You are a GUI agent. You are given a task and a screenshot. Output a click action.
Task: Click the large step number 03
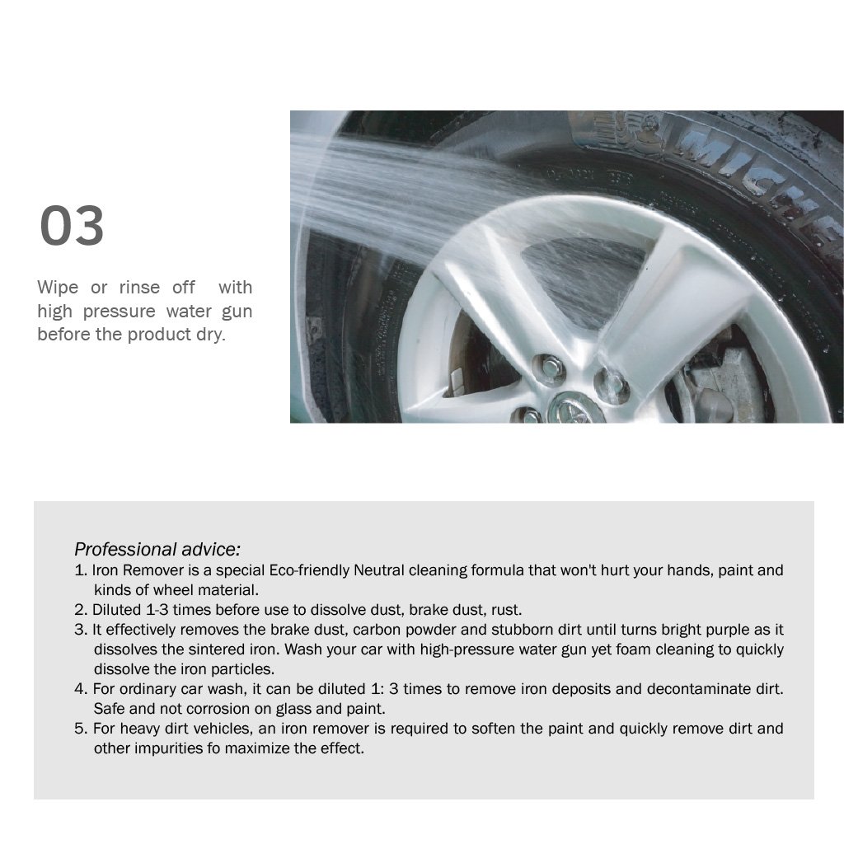pos(72,225)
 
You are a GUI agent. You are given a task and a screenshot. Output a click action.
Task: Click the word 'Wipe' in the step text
pos(58,288)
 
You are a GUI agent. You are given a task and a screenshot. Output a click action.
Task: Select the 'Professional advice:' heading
pos(157,549)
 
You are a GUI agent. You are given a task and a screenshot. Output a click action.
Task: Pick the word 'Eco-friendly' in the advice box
pos(309,570)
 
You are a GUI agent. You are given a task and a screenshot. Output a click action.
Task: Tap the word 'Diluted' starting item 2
pos(116,610)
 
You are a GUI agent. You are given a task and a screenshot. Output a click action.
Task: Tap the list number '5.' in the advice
pos(81,729)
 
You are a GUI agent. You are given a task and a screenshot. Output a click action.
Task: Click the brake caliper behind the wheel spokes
pos(721,382)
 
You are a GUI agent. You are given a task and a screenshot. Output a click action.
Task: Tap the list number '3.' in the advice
pos(81,630)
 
